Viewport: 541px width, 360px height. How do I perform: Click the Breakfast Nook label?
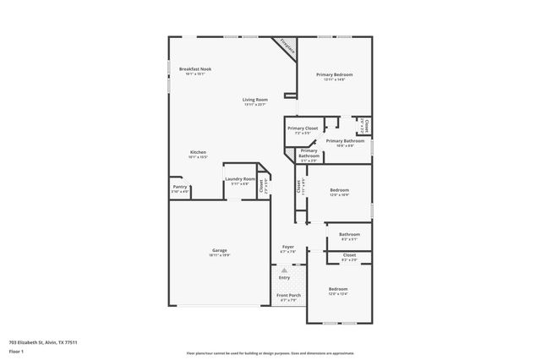(194, 68)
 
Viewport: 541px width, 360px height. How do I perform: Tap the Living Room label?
(255, 100)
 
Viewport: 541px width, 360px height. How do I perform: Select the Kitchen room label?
(197, 152)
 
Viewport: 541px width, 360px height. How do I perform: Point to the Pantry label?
(180, 187)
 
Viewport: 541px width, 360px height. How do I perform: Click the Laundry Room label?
(240, 179)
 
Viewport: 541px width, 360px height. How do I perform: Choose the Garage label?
(220, 250)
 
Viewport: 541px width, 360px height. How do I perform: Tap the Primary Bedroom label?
(335, 74)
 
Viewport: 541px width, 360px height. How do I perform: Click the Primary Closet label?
(303, 128)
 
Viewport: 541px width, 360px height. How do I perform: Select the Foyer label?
(287, 248)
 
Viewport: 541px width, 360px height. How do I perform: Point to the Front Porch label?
(287, 295)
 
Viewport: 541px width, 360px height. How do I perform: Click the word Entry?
(284, 277)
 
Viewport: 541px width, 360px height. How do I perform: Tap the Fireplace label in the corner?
(287, 49)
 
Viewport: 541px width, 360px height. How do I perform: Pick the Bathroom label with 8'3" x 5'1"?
(349, 234)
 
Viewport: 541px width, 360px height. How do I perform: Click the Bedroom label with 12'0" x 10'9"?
(340, 190)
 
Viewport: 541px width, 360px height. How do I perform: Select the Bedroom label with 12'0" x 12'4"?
(338, 289)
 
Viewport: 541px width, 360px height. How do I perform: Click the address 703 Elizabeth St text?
(39, 342)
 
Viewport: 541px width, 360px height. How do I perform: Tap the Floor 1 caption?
(16, 350)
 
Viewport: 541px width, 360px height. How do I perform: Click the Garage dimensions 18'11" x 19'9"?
(220, 255)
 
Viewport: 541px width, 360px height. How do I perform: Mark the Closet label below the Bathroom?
(349, 254)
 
